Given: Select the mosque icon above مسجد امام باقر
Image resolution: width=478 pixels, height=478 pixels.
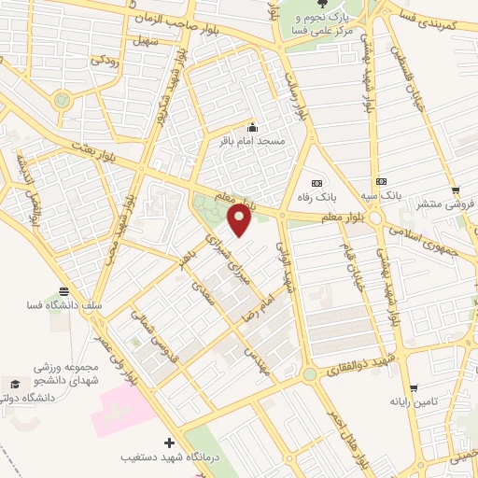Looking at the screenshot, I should (251, 128).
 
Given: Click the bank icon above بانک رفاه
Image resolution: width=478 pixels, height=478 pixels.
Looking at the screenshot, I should (316, 181).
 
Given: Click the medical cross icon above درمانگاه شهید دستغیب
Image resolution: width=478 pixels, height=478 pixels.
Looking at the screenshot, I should (169, 443).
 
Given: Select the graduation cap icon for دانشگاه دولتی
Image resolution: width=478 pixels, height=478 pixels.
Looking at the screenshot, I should (14, 384).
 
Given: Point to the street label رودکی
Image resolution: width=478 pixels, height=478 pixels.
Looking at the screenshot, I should (104, 59).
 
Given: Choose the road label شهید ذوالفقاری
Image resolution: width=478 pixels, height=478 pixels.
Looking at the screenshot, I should (358, 365).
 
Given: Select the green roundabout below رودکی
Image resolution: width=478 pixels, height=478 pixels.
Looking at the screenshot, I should (62, 99).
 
